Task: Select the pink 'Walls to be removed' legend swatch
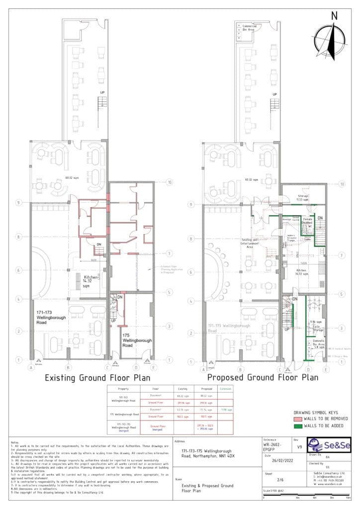click(x=299, y=419)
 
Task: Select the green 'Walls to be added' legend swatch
click(x=299, y=425)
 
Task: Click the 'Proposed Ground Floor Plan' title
click(x=263, y=377)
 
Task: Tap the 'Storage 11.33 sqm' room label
click(x=303, y=198)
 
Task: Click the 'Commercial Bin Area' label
click(x=249, y=27)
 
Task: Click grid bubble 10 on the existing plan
click(x=170, y=183)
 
